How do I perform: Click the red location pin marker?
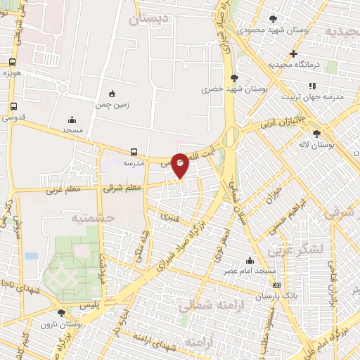(x=181, y=165)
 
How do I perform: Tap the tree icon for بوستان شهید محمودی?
(x=273, y=19)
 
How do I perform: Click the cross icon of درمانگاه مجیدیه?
(x=293, y=54)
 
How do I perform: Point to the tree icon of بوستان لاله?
(x=317, y=133)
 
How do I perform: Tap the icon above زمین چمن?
(x=112, y=94)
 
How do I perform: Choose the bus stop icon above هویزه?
(x=13, y=62)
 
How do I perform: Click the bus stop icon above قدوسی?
(x=13, y=107)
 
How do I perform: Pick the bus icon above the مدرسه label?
(x=134, y=151)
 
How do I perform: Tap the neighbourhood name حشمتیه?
(x=92, y=218)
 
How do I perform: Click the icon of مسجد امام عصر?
(x=250, y=260)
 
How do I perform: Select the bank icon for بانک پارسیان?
(x=277, y=285)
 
